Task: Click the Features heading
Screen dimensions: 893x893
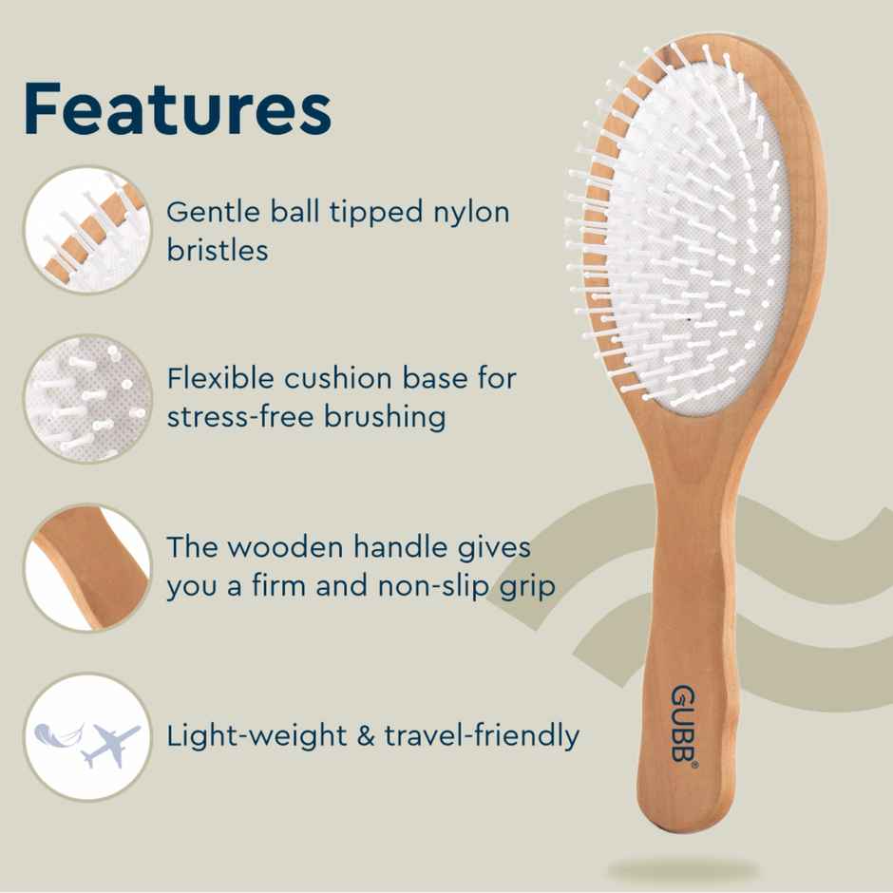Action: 177,109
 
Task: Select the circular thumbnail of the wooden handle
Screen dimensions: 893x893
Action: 86,567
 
